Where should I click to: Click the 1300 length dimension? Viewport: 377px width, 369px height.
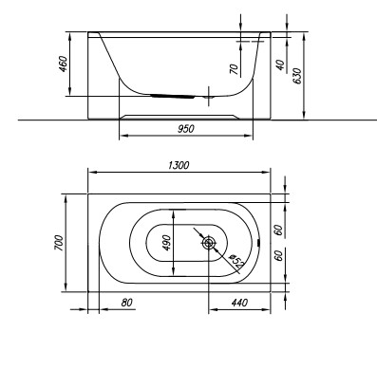pyautogui.click(x=177, y=165)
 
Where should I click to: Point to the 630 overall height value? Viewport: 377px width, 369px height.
pyautogui.click(x=297, y=76)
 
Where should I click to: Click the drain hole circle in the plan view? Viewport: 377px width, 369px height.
pyautogui.click(x=208, y=242)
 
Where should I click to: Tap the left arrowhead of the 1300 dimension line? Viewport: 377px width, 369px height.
pyautogui.click(x=91, y=171)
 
